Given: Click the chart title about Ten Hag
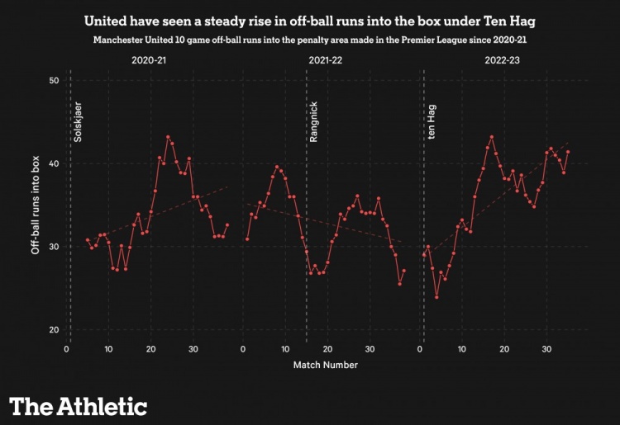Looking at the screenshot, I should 310,17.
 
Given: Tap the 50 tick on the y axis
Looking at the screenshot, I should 54,81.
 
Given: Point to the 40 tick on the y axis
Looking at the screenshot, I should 54,163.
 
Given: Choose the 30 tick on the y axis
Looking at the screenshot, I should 54,247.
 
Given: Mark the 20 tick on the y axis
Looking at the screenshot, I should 54,330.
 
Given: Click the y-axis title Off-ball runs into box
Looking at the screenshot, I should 36,205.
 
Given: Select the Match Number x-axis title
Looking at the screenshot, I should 326,364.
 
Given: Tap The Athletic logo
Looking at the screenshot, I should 78,406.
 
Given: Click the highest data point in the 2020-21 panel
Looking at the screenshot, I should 168,137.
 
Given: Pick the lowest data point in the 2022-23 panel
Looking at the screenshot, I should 436,297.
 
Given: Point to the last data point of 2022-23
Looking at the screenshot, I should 568,152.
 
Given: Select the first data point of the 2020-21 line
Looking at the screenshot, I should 87,239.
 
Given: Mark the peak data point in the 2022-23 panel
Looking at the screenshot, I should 492,137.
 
